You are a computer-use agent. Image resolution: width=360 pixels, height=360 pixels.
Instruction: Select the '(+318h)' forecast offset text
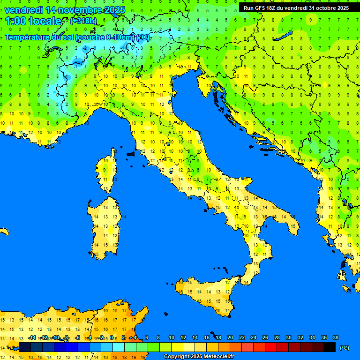83,21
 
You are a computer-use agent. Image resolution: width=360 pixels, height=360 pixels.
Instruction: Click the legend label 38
335,337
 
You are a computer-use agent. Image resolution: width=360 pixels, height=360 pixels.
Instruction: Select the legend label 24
254,337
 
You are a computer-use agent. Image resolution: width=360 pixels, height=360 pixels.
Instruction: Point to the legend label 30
288,337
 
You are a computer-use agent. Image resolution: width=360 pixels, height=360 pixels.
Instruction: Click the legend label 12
183,337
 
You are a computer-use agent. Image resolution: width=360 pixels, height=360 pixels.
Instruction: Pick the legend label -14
32,337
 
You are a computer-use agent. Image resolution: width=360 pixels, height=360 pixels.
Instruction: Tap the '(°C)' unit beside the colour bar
344,348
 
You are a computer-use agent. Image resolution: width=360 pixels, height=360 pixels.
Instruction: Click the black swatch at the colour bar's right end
330,347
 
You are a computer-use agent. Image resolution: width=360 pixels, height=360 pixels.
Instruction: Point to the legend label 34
312,337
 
